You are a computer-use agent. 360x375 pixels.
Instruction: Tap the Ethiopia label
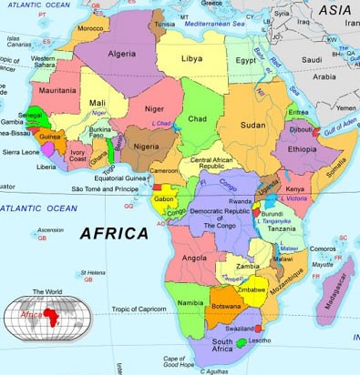tap(302, 147)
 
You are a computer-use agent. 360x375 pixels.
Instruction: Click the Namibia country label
tap(190, 301)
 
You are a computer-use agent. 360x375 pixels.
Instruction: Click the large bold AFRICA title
tap(114, 234)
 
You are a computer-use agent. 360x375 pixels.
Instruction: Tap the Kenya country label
tap(294, 188)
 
